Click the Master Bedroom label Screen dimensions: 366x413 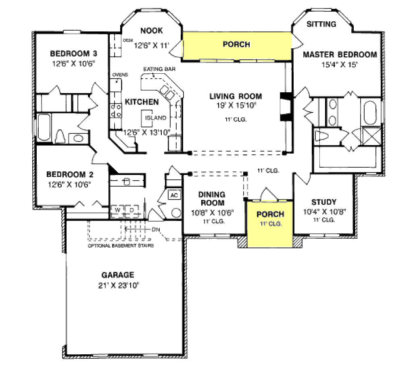click(340, 54)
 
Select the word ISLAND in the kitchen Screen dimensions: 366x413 click(156, 118)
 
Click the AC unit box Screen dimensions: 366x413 click(174, 195)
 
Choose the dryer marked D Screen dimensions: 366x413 click(131, 210)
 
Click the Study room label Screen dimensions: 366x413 click(323, 202)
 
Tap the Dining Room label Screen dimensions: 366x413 click(212, 199)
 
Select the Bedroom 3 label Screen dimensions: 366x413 click(73, 53)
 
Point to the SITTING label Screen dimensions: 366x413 click(321, 24)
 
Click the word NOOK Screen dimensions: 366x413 click(151, 30)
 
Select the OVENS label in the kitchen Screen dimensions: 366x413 click(120, 75)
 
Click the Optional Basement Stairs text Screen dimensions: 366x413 click(121, 245)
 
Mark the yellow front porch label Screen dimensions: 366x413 click(270, 214)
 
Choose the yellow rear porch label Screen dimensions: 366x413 click(236, 44)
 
